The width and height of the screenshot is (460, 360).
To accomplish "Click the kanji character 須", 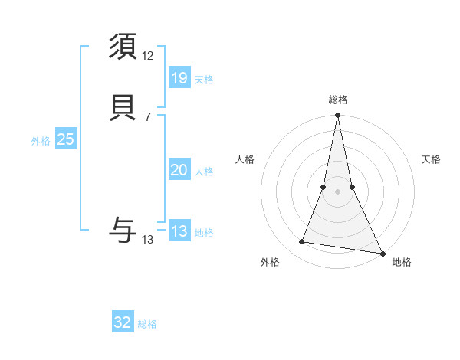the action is (123, 48).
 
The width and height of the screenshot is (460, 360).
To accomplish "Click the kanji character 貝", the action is (123, 108).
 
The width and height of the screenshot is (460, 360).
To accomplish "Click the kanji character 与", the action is (123, 229).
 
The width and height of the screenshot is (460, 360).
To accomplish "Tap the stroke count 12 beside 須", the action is (148, 56).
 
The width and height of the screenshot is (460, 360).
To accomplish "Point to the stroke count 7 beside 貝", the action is (147, 116).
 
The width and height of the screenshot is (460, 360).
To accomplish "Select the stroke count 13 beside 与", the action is (148, 240).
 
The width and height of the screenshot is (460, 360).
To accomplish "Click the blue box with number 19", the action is (179, 77).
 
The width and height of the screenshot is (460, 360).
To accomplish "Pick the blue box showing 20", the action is (179, 170).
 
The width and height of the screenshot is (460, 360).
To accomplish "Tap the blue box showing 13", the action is (179, 231).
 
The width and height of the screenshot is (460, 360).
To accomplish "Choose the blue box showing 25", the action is (65, 139).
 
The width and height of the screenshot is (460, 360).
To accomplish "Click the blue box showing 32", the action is (123, 322).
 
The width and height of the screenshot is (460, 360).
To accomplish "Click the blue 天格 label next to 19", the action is (204, 80).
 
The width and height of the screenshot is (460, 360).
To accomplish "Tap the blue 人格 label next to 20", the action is (204, 172).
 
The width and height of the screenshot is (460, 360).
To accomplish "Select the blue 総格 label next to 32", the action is (147, 324).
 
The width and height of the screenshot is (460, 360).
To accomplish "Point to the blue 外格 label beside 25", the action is (41, 141).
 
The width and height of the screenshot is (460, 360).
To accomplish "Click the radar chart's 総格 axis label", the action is (337, 100).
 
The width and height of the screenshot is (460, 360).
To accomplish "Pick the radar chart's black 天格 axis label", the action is (431, 159).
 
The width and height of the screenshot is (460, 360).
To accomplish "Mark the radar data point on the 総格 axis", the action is (337, 116).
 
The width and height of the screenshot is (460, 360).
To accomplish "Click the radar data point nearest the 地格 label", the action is (383, 252).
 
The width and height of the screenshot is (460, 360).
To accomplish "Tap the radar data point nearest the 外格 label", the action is (302, 242).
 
